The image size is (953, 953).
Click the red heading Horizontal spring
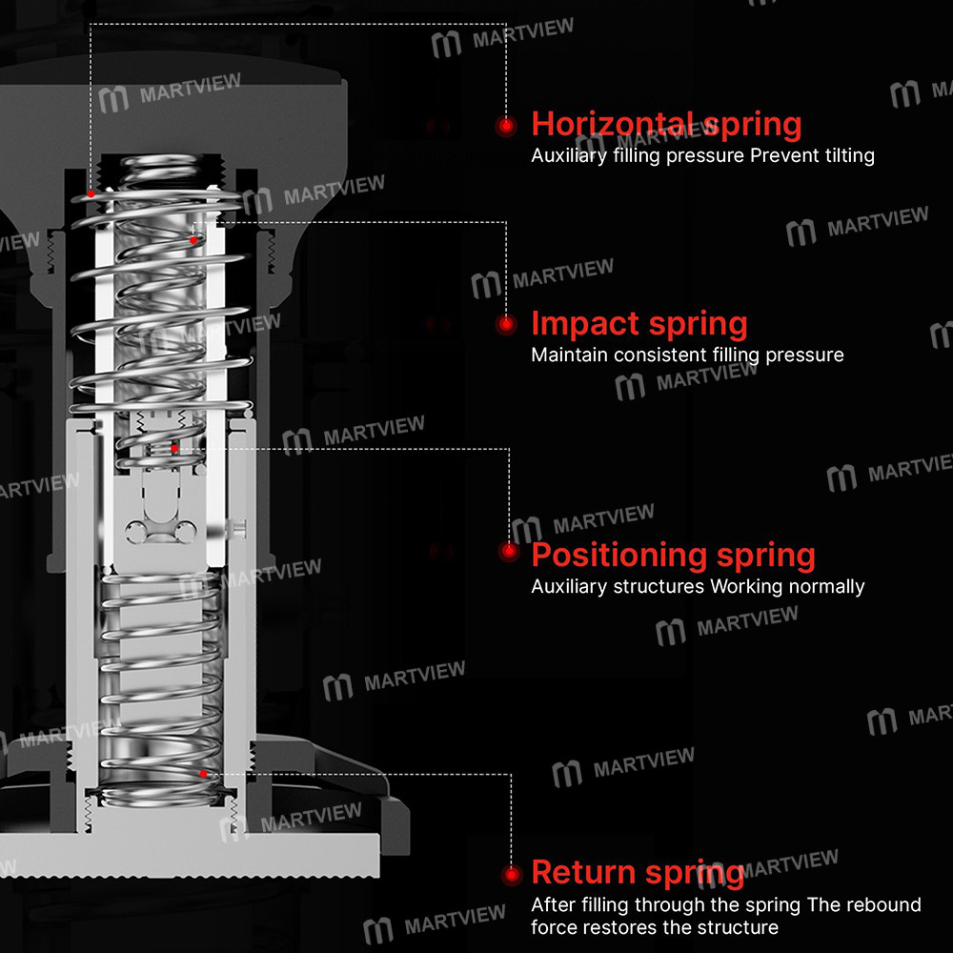click(666, 124)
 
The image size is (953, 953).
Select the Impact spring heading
click(639, 324)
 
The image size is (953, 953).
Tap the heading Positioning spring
click(673, 555)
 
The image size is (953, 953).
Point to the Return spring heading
click(638, 872)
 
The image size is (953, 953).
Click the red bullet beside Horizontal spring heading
click(505, 125)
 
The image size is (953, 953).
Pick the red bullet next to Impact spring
click(506, 324)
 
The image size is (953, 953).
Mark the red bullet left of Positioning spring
click(509, 551)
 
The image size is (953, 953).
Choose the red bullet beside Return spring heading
click(512, 874)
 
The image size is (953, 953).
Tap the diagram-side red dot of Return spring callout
click(203, 773)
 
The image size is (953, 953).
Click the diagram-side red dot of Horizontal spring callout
click(91, 193)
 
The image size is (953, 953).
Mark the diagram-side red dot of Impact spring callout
click(193, 240)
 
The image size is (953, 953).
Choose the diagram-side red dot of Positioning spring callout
click(174, 447)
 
